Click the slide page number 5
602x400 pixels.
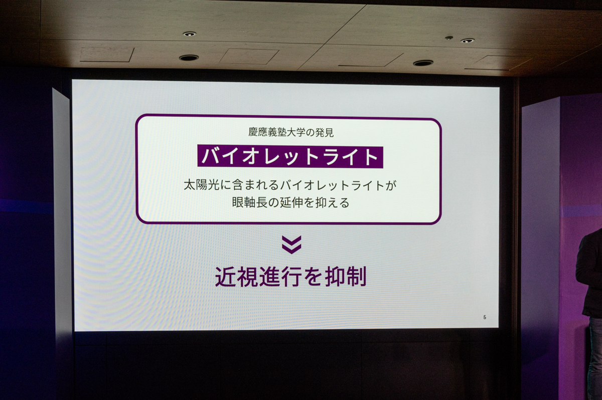(x=485, y=317)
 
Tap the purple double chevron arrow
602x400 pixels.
(x=291, y=245)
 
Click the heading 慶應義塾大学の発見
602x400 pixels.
(x=291, y=132)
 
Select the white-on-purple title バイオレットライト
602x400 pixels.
(x=290, y=157)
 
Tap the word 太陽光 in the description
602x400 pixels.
(x=201, y=185)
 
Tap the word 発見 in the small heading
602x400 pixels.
(x=325, y=132)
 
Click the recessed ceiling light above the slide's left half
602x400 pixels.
(x=189, y=58)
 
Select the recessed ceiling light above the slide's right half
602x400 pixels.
(x=423, y=63)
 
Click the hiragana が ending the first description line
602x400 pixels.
(x=391, y=185)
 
